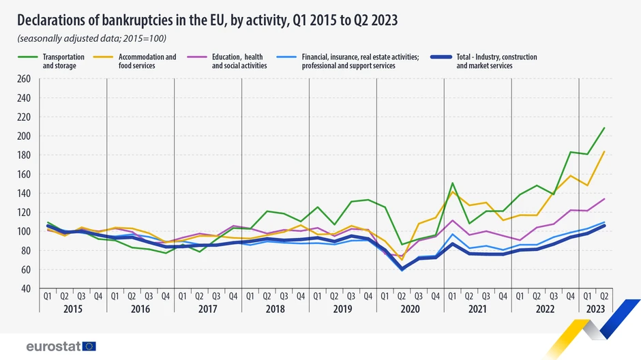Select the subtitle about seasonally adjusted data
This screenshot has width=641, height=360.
point(91,38)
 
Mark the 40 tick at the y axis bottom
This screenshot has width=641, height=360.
point(25,289)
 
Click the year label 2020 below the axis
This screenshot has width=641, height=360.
point(409,310)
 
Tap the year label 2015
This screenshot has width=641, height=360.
point(72,310)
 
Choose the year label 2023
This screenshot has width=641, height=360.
point(595,310)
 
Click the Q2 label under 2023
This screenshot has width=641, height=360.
point(603,297)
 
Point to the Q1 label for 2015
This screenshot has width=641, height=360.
point(48,297)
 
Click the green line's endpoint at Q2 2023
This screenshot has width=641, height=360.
point(604,128)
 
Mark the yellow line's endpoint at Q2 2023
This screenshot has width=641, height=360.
point(604,151)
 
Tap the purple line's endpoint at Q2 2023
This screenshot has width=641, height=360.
point(604,199)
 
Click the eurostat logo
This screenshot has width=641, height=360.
point(61,346)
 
